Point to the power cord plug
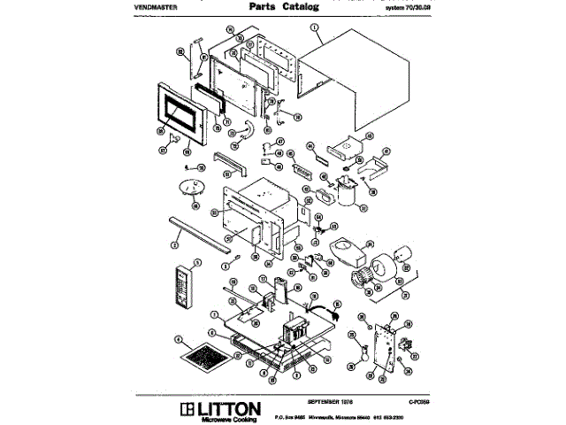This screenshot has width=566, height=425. [336, 308]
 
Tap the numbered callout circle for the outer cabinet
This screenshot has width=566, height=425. [316, 27]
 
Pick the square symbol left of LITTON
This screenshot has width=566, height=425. [186, 408]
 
